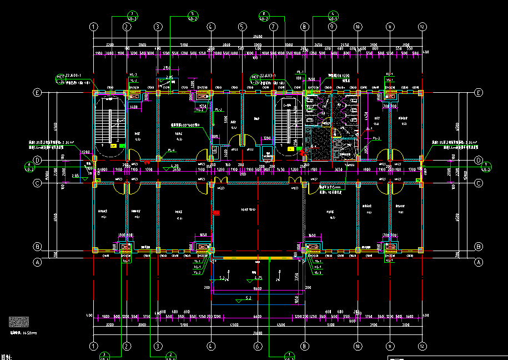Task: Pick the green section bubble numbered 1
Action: (x=288, y=355)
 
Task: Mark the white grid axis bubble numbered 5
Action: (x=242, y=26)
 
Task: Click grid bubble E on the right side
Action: (x=479, y=93)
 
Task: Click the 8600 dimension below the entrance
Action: (x=256, y=289)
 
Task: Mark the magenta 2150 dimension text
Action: (x=167, y=68)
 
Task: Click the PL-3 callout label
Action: (x=376, y=138)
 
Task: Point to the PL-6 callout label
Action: (x=172, y=150)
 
